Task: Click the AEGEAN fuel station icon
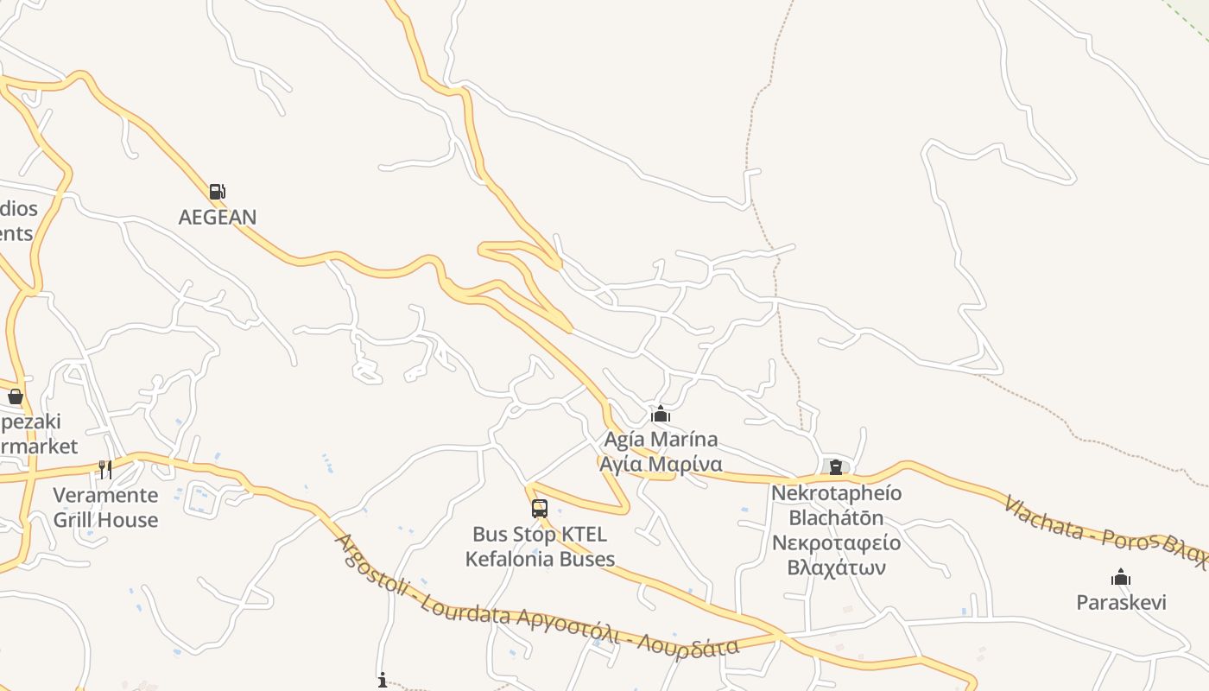(x=217, y=192)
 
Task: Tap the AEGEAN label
(x=218, y=217)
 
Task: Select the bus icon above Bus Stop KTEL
(x=540, y=509)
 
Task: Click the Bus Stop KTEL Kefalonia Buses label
(x=540, y=547)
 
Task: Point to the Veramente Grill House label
(x=106, y=507)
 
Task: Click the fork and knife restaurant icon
(x=105, y=469)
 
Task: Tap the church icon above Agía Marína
(x=661, y=415)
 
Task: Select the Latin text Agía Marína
(x=661, y=440)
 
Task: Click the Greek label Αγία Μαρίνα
(x=661, y=464)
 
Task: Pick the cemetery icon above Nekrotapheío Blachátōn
(x=836, y=467)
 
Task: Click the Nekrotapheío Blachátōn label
(x=836, y=505)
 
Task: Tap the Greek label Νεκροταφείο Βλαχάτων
(x=836, y=555)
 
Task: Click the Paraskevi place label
(x=1121, y=602)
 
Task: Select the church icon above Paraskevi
(x=1121, y=577)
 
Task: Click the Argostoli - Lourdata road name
(x=423, y=579)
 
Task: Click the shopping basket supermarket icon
(x=16, y=396)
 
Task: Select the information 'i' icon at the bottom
(x=383, y=681)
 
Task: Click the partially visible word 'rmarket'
(x=39, y=447)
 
